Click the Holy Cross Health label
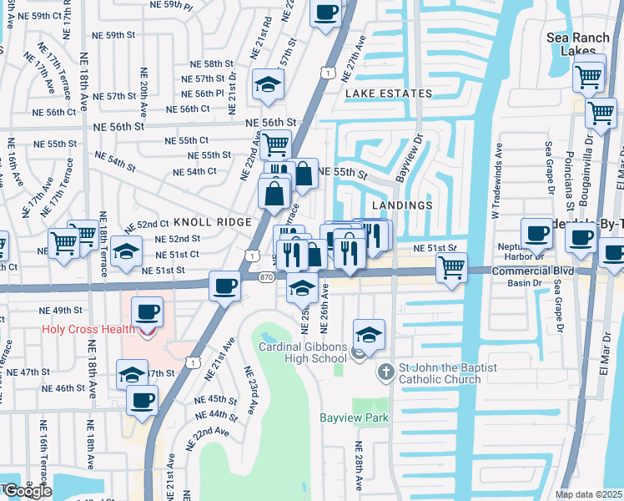tap(88, 330)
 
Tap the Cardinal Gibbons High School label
tap(302, 352)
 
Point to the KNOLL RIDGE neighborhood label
tap(212, 222)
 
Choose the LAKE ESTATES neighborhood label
tap(389, 94)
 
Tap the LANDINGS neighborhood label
tap(402, 205)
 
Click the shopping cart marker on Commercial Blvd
tap(451, 268)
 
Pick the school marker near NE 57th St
tap(268, 83)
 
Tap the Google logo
tap(27, 491)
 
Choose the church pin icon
tap(386, 371)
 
